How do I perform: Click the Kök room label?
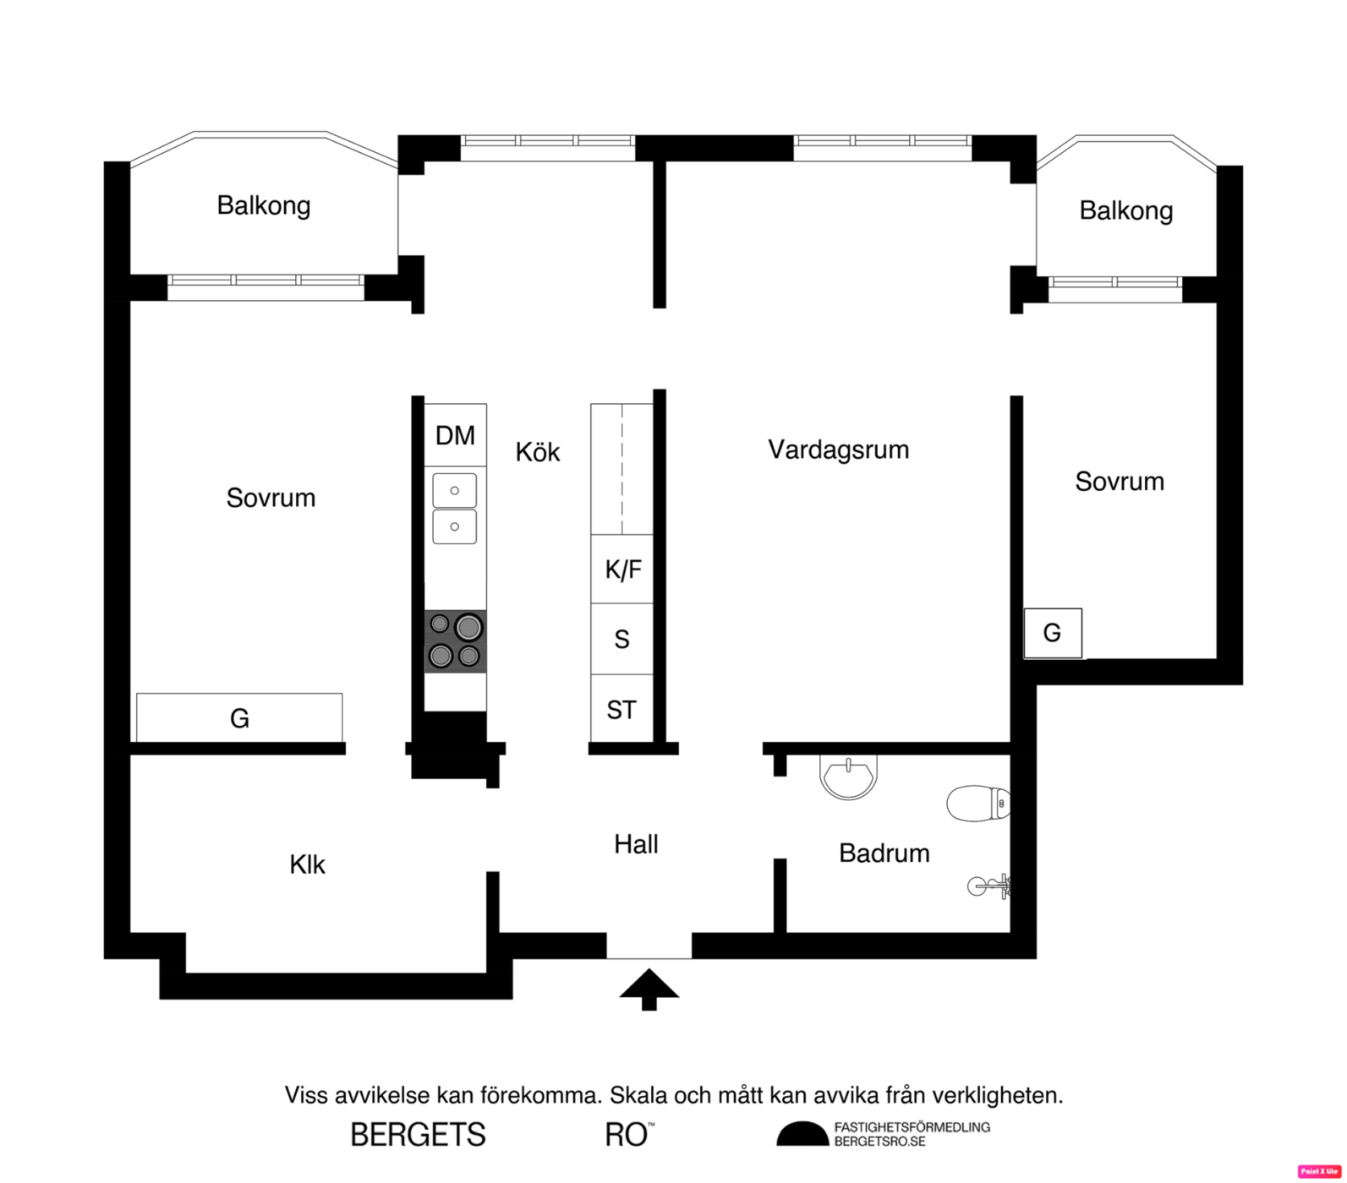click(538, 452)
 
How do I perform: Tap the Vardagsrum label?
click(838, 450)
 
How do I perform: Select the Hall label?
click(636, 844)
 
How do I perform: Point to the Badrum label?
click(884, 853)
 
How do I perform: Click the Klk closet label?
click(307, 864)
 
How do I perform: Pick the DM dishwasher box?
click(455, 435)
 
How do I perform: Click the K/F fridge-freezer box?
click(622, 570)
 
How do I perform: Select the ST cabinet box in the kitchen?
click(622, 710)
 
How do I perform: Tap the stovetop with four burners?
click(455, 641)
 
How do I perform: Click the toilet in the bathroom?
click(978, 804)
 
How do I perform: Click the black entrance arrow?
click(649, 989)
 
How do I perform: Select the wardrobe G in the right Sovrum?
click(1053, 633)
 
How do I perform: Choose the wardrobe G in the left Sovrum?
click(239, 717)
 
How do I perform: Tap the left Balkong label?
click(264, 205)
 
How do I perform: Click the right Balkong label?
click(1126, 210)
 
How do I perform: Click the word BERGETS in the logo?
click(418, 1135)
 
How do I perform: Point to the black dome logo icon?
click(802, 1134)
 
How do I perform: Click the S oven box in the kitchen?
click(622, 639)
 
